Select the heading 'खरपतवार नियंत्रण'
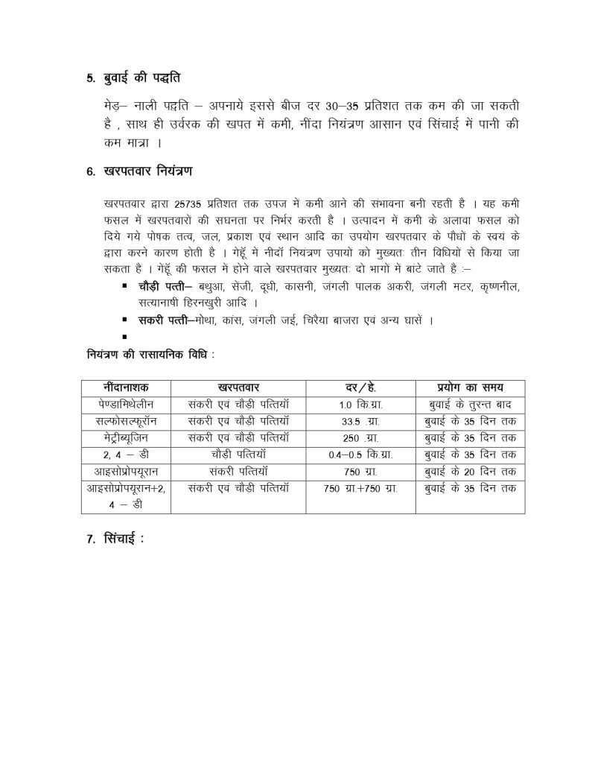tap(145, 172)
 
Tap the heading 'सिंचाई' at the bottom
tap(121, 539)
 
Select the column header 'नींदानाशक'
tap(126, 387)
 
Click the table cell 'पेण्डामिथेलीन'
tap(126, 405)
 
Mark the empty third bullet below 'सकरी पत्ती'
tap(124, 337)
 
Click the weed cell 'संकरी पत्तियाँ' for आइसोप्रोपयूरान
tap(238, 471)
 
